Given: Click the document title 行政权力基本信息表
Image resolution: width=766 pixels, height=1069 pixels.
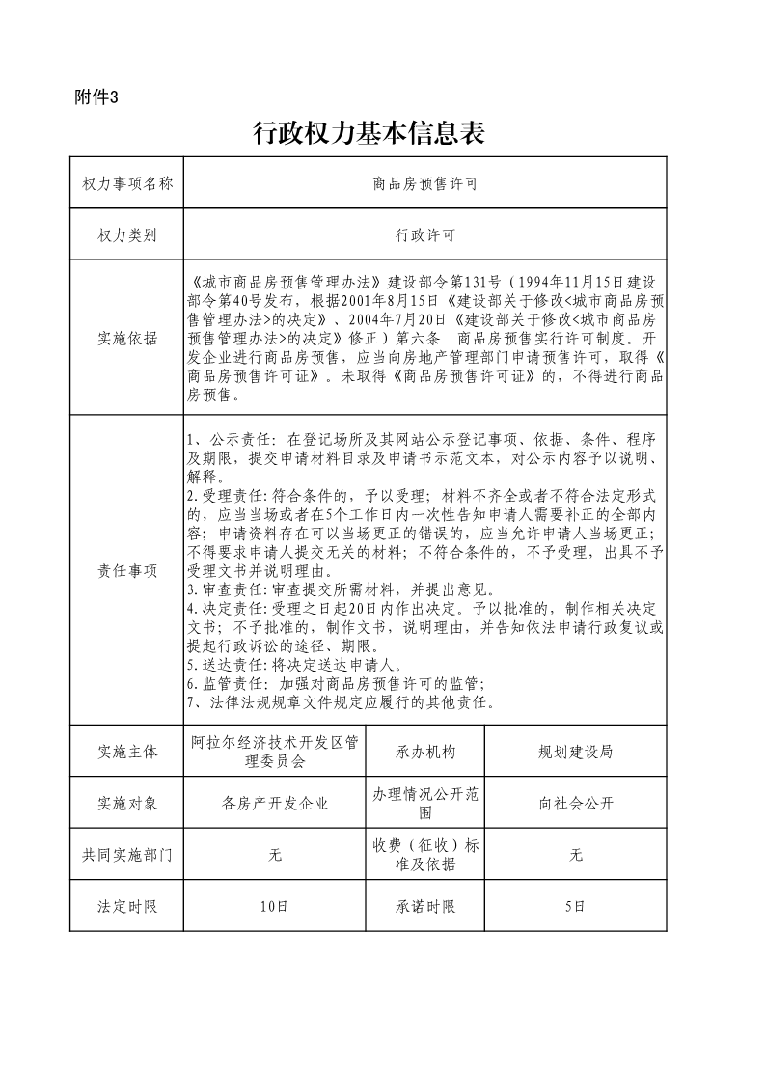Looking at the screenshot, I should [x=368, y=133].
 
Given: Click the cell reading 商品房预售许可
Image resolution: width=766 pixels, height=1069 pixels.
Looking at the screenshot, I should [x=424, y=183].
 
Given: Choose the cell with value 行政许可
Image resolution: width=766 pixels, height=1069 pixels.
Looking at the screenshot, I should [x=424, y=234].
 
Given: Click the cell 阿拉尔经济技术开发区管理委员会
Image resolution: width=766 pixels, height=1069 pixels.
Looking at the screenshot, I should [x=274, y=752].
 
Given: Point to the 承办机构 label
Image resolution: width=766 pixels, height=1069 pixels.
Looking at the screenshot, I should [x=424, y=752].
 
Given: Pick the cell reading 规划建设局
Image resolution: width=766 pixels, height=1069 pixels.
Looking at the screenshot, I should [x=575, y=752].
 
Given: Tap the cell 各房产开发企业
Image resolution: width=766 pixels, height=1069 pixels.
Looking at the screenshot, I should [x=274, y=803].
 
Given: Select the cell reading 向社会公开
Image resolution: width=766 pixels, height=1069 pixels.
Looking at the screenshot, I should [x=575, y=803].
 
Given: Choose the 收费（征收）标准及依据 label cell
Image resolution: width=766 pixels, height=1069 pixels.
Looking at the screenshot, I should [x=424, y=855].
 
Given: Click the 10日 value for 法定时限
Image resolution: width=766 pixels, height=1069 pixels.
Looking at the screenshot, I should [x=274, y=906].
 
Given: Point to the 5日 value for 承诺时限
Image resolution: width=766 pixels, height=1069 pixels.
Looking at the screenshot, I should [x=575, y=906].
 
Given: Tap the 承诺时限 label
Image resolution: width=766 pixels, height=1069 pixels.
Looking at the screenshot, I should [x=424, y=906].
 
